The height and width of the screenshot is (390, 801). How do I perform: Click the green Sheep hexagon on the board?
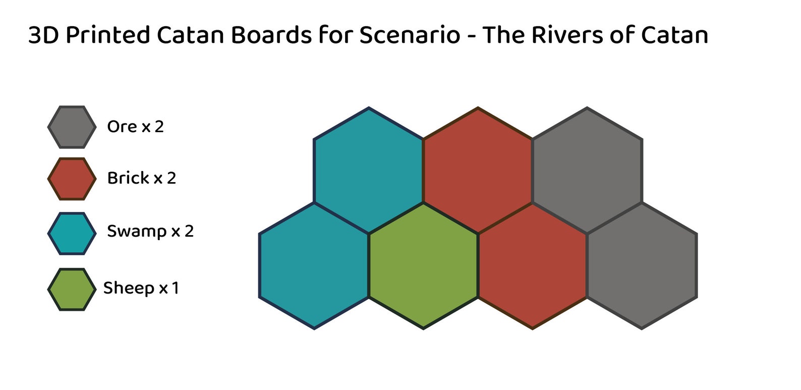pos(423,266)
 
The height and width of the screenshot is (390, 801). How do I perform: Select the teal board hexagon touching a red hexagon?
pos(369,170)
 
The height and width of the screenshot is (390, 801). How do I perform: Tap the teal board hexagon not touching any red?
pos(314,266)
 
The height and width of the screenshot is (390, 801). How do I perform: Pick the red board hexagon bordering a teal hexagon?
pos(478,170)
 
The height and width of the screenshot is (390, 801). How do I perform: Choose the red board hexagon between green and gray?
pos(532,266)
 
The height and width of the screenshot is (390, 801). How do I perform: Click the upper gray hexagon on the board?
pos(587,170)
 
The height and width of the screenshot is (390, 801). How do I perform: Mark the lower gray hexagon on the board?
pos(642,266)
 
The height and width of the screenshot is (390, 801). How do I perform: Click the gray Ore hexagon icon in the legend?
pos(72,127)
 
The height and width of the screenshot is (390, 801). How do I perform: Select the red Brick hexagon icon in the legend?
pos(72,179)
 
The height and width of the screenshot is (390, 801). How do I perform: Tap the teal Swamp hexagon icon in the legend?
pos(72,233)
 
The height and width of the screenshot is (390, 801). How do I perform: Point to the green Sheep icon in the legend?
pos(72,289)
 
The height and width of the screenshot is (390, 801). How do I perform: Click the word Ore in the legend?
pos(122,127)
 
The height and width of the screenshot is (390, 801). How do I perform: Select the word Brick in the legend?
pos(128,178)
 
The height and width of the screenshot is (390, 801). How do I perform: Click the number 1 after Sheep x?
pos(175,288)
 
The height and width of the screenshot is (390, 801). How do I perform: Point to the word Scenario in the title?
pos(409,35)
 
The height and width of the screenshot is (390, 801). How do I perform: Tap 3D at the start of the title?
pos(44,35)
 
